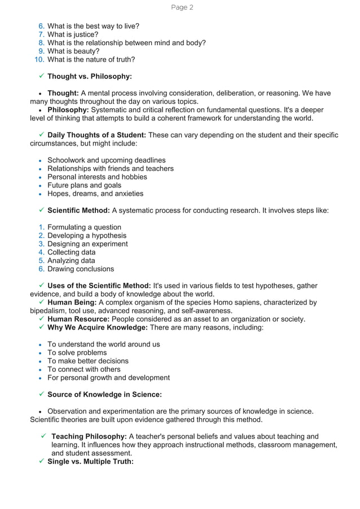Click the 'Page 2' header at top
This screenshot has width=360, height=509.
182,7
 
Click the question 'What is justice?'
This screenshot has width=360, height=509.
73,34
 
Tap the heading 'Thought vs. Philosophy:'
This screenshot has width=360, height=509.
90,76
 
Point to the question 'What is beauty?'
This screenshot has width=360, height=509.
73,51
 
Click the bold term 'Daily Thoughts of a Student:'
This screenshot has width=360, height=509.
96,135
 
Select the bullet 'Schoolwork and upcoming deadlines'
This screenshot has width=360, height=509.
106,160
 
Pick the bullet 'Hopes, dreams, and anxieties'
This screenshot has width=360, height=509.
95,194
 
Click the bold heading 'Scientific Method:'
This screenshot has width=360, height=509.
78,210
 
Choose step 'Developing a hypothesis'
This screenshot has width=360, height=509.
87,235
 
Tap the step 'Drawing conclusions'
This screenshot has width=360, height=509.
81,269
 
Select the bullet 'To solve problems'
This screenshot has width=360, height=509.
77,353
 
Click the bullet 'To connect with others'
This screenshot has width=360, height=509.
84,369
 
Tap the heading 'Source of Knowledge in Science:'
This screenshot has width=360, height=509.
104,394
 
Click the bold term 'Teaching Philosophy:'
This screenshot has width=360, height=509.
89,436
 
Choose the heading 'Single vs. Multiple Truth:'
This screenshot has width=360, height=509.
90,462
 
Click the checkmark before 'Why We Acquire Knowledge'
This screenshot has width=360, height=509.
42,327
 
